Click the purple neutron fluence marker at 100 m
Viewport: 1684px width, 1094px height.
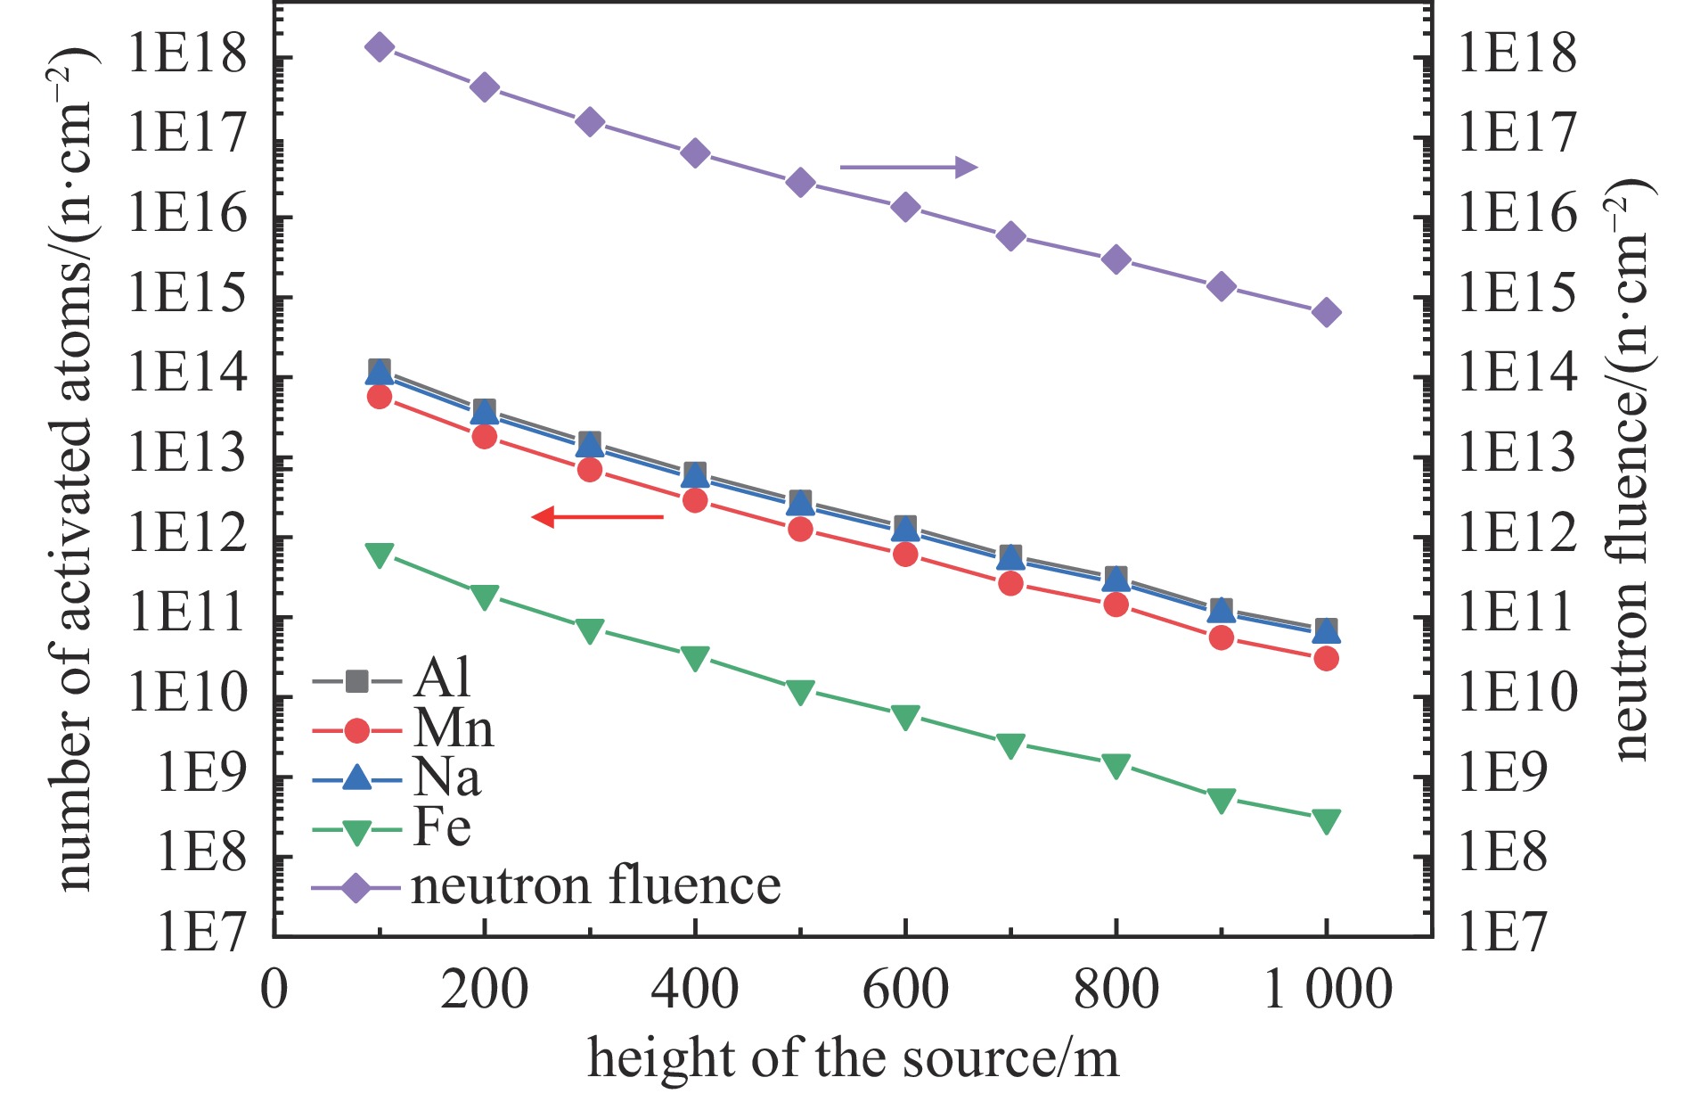click(380, 47)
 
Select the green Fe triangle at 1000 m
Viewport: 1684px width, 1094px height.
click(1326, 820)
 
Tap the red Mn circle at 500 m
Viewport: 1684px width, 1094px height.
click(800, 529)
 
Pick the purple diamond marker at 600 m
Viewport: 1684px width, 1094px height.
click(905, 208)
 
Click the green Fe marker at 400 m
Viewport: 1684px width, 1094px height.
click(695, 658)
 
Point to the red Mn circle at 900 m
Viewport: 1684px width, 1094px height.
click(1222, 637)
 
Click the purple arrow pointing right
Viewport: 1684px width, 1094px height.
click(909, 167)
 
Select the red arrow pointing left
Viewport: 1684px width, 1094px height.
click(597, 516)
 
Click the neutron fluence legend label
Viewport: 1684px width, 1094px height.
click(595, 886)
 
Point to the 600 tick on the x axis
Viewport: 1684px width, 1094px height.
click(905, 990)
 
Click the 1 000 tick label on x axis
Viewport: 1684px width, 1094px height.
click(1328, 990)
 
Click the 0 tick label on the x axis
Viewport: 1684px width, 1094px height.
click(274, 990)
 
